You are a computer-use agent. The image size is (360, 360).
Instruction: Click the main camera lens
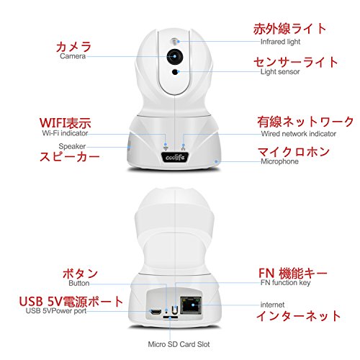tap(175, 57)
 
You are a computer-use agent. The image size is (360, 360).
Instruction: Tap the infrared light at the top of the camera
tap(175, 42)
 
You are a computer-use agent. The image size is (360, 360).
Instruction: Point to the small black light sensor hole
tap(176, 71)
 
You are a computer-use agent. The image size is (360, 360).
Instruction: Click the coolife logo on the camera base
tap(175, 158)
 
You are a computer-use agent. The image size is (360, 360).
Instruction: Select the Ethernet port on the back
tap(191, 305)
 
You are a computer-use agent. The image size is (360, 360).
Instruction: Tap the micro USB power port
tap(156, 312)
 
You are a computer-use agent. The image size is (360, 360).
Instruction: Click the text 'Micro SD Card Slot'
tap(179, 344)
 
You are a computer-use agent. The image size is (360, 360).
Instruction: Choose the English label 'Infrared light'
tap(280, 42)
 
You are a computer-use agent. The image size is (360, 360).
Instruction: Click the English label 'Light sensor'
tap(280, 71)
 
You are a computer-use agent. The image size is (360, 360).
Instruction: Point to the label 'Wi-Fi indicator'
tap(65, 133)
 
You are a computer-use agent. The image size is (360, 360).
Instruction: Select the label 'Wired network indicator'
tap(299, 134)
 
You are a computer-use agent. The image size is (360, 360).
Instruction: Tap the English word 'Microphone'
tap(279, 161)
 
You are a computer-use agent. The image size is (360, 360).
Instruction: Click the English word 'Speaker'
tap(72, 146)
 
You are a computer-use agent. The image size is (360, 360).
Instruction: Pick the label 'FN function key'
tap(286, 282)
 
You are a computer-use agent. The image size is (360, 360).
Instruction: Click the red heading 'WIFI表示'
tap(66, 123)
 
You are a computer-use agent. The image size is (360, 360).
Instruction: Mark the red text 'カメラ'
tap(73, 47)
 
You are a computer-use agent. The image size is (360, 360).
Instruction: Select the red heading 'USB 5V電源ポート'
tap(71, 302)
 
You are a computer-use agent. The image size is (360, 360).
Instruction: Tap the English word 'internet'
tap(272, 305)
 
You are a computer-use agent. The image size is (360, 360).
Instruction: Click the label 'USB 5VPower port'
tap(56, 310)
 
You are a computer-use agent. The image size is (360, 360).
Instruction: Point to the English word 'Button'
tap(79, 283)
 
